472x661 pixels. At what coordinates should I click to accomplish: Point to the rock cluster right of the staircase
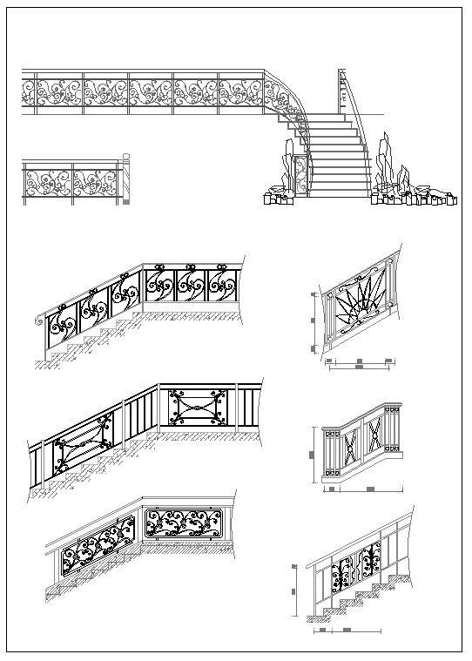pos(409,197)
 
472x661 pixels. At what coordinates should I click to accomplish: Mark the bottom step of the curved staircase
pos(340,193)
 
